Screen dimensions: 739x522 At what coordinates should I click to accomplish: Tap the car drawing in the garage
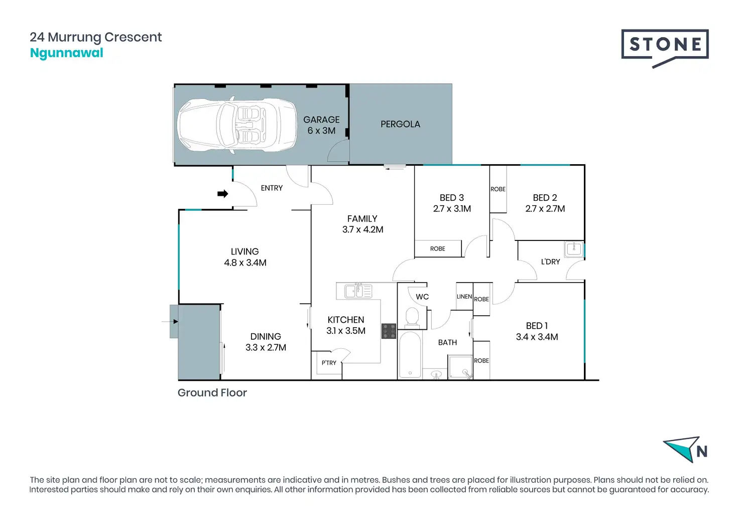click(237, 124)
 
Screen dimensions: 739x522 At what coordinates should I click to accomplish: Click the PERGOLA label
click(400, 124)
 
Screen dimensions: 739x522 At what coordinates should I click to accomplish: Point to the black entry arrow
click(223, 194)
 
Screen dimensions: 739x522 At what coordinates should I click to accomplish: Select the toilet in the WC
click(411, 318)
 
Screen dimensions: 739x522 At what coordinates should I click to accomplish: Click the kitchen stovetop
click(389, 331)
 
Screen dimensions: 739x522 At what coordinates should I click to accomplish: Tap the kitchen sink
click(358, 291)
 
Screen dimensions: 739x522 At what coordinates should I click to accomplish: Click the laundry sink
click(574, 249)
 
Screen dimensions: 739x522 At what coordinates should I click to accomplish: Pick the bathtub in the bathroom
click(410, 354)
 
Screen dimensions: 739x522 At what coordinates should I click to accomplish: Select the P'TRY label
click(329, 363)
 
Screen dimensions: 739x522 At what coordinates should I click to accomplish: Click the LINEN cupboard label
click(464, 297)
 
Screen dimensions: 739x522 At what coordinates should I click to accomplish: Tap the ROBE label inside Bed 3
click(437, 248)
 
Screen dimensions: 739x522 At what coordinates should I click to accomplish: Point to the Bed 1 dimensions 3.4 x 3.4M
click(537, 337)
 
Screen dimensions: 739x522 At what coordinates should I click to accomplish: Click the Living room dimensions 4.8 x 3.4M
click(245, 263)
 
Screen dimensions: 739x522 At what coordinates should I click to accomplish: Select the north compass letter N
click(702, 451)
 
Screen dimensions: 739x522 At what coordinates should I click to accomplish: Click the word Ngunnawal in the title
click(67, 53)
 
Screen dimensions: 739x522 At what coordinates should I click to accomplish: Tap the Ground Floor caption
click(212, 393)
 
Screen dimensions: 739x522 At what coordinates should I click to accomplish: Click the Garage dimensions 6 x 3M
click(321, 130)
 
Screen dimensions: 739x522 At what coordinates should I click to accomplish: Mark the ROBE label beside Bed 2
click(498, 189)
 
